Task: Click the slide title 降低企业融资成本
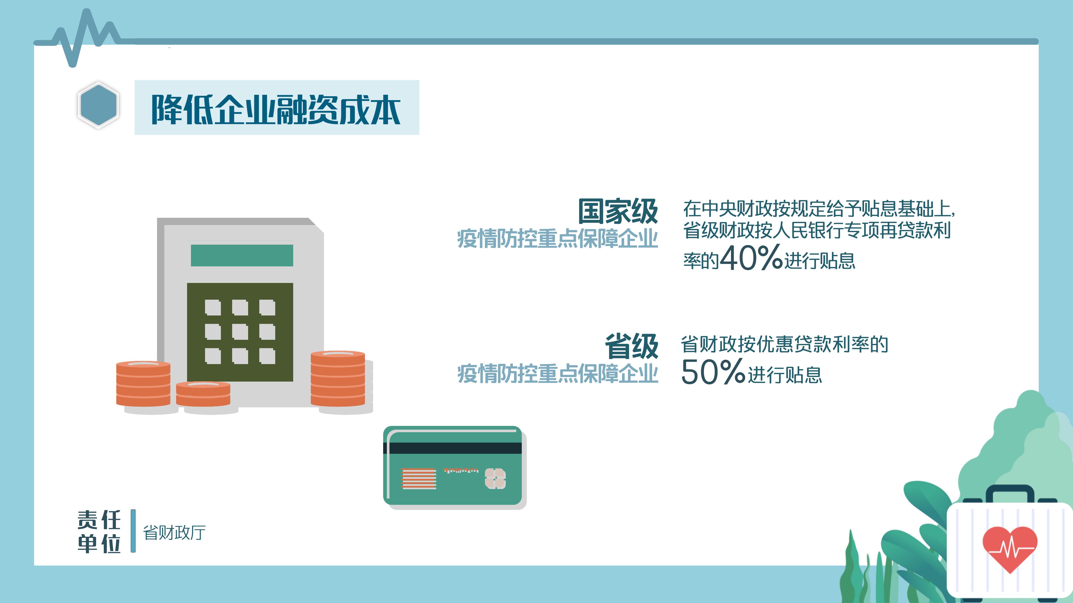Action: pyautogui.click(x=276, y=109)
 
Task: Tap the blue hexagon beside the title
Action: pyautogui.click(x=98, y=105)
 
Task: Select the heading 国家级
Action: pyautogui.click(x=618, y=211)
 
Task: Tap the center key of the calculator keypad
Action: pyautogui.click(x=240, y=332)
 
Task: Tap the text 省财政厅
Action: pyautogui.click(x=174, y=533)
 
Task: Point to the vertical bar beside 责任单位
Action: pyautogui.click(x=133, y=531)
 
